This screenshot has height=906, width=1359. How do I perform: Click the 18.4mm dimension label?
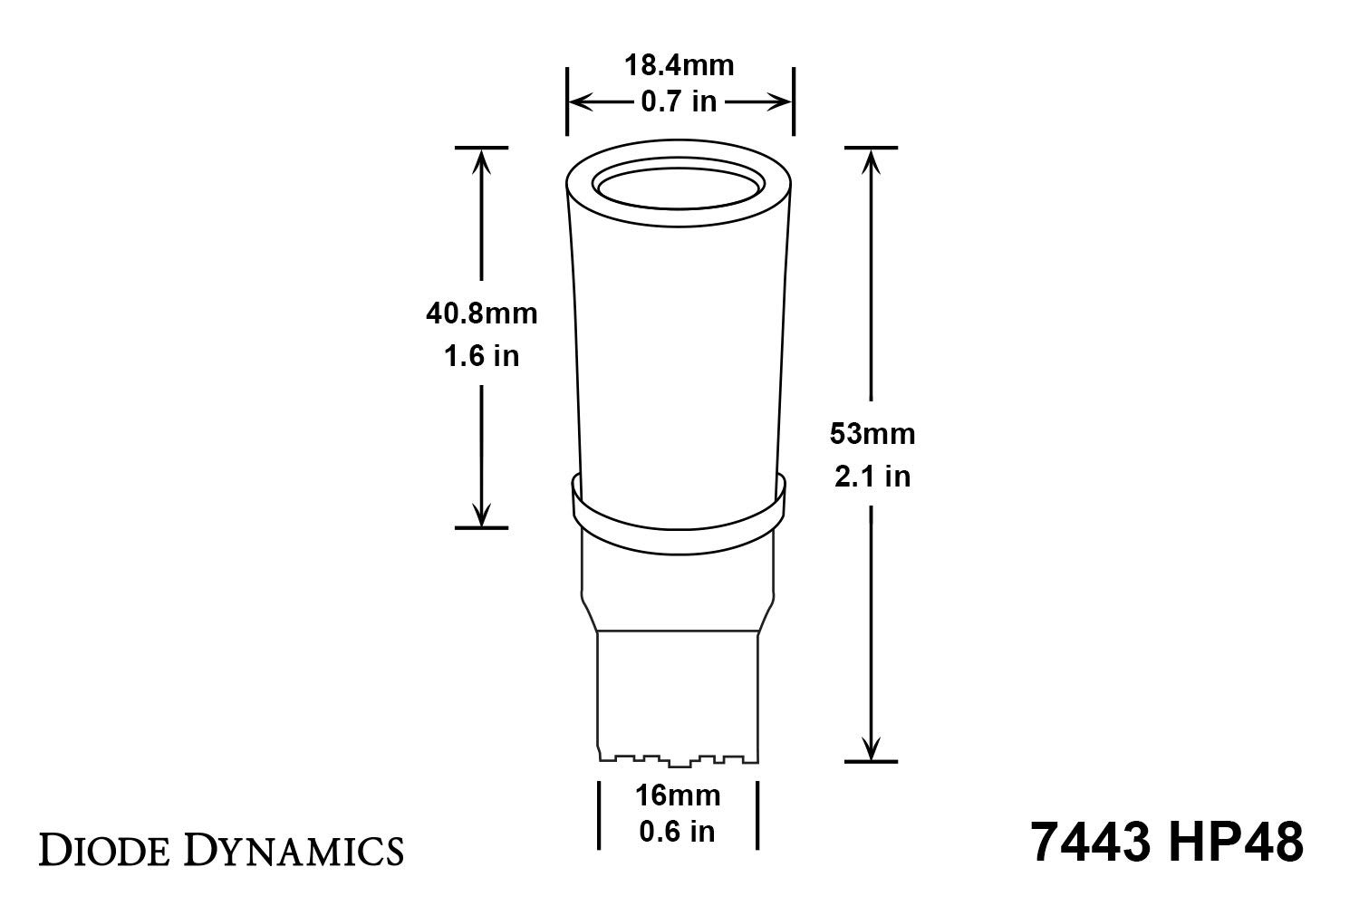pyautogui.click(x=679, y=66)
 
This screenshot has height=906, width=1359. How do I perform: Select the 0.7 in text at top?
pyautogui.click(x=679, y=102)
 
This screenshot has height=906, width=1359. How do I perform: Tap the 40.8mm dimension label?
pyautogui.click(x=481, y=313)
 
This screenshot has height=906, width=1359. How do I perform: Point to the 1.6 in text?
pyautogui.click(x=481, y=356)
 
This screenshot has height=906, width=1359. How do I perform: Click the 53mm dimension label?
pyautogui.click(x=872, y=434)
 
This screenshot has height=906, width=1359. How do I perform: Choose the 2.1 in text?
pyautogui.click(x=872, y=477)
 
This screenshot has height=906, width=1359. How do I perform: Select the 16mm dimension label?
pyautogui.click(x=678, y=795)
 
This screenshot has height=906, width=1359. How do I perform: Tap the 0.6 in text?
pyautogui.click(x=678, y=832)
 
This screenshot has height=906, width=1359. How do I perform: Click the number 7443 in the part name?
pyautogui.click(x=1093, y=843)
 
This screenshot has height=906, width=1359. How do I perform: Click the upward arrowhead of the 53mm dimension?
pyautogui.click(x=872, y=160)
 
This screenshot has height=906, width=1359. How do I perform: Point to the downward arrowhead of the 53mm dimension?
pyautogui.click(x=872, y=748)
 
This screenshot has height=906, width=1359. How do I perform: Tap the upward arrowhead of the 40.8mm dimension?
pyautogui.click(x=481, y=160)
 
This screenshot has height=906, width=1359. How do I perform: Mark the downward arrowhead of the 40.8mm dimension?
pyautogui.click(x=481, y=515)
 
